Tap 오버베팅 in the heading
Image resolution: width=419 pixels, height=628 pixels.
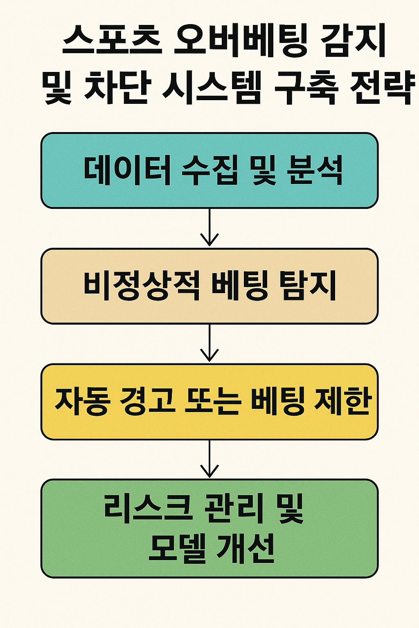pyautogui.click(x=239, y=43)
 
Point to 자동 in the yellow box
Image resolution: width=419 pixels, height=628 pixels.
pyautogui.click(x=81, y=401)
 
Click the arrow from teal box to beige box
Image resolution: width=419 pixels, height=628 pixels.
pyautogui.click(x=209, y=227)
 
